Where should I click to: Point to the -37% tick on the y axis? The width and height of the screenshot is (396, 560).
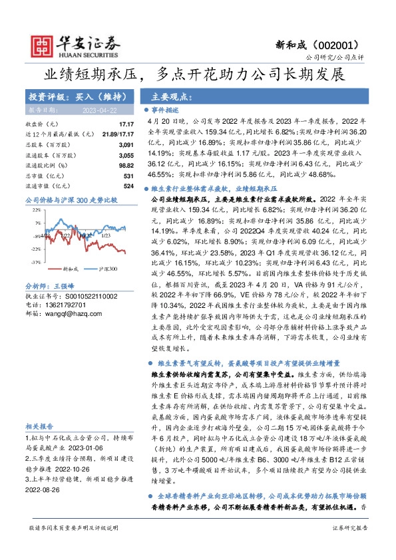click(x=35, y=262)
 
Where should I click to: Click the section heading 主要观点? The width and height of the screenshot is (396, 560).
click(x=169, y=96)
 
